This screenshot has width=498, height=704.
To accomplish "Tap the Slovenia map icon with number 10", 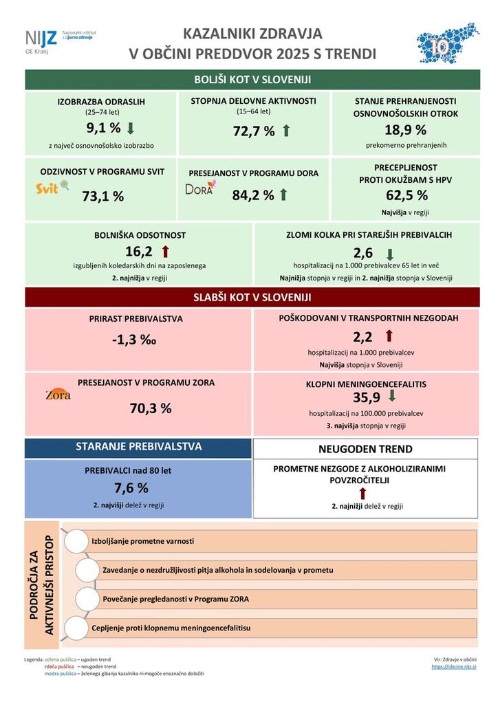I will point(448,43).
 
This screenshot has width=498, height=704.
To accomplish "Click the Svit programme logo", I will point(52,186).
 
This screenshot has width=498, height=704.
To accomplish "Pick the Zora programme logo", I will point(58,395).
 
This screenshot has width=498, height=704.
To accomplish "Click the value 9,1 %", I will point(103,128).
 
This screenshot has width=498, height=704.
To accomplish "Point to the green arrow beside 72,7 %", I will point(286,131).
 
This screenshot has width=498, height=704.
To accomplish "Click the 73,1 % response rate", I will point(103,196).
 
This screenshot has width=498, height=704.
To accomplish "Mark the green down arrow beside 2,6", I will point(389,253).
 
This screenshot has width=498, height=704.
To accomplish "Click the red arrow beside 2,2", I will point(389,335).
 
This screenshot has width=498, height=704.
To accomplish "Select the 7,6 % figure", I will point(131,488).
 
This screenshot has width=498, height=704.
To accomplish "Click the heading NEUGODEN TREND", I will point(365,449).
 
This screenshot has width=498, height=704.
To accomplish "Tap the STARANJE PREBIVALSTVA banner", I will point(138,447).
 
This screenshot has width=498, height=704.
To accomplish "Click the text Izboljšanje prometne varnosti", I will point(143,541).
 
